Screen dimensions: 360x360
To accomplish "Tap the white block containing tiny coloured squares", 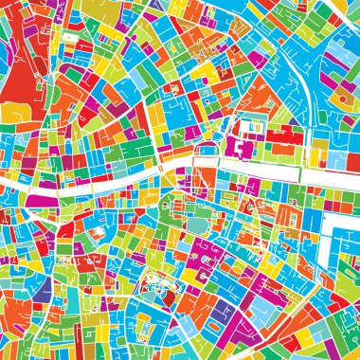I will click(x=253, y=126).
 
